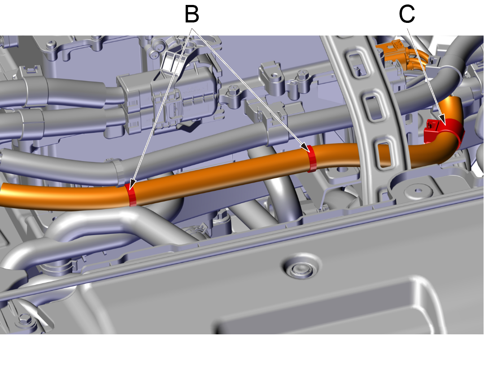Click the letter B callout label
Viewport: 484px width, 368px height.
(x=192, y=14)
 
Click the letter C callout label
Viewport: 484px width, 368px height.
(x=407, y=14)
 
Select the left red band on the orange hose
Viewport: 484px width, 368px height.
(x=131, y=194)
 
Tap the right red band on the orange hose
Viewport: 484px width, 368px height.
(x=312, y=158)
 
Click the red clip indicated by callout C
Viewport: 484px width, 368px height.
(x=441, y=130)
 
